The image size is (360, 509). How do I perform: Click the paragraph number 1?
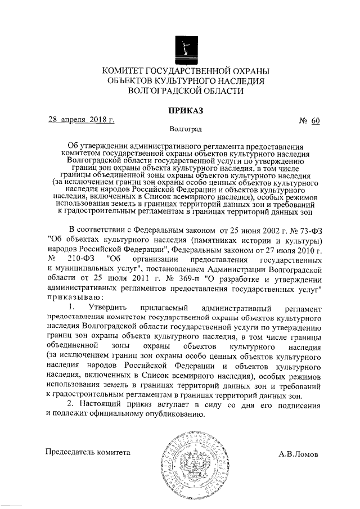click(70, 309)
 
